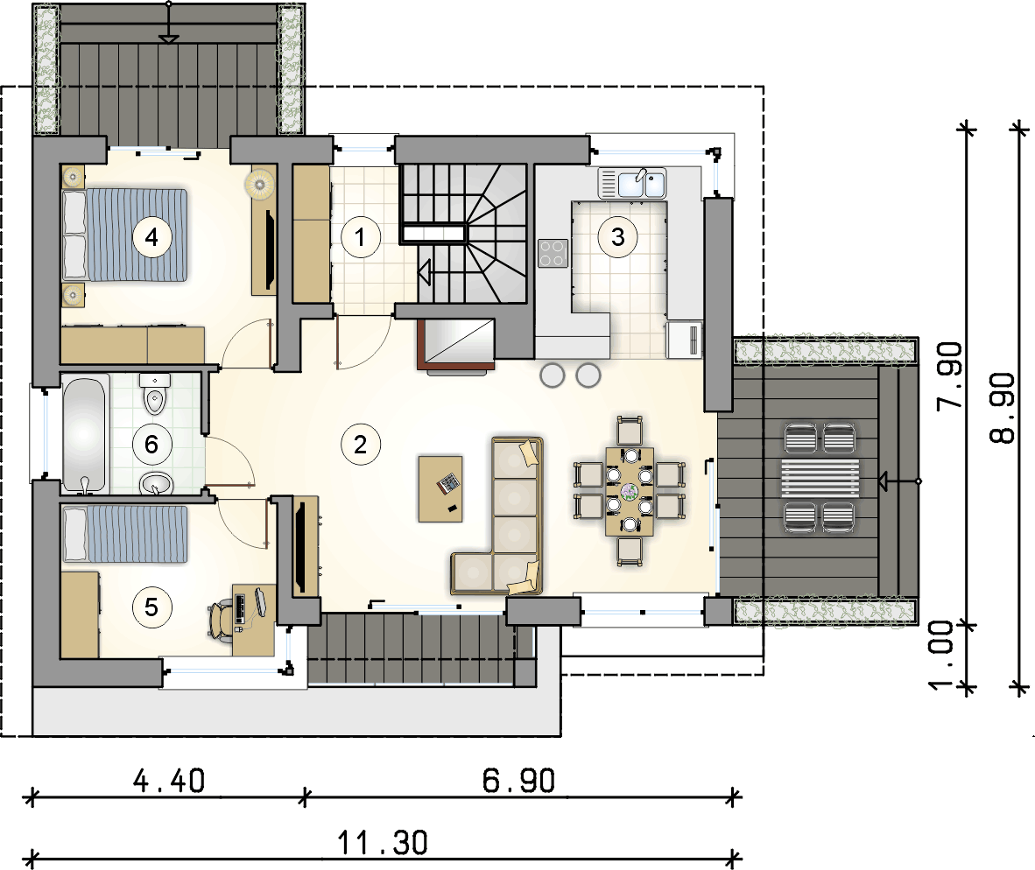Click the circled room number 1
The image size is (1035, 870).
(361, 237)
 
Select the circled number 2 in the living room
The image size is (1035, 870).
(361, 445)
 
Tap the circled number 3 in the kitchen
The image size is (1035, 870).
(618, 237)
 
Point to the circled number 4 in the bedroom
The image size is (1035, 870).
(151, 237)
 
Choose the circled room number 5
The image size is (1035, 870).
(151, 607)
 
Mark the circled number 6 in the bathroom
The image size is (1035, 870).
(151, 445)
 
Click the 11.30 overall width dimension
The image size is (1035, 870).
(383, 843)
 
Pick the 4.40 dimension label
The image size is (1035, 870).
(169, 781)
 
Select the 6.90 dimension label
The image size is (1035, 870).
(518, 781)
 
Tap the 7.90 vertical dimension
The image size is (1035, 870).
(950, 376)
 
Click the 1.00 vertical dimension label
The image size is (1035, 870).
(941, 656)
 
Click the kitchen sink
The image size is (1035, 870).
(632, 184)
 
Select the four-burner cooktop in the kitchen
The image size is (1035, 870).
(553, 253)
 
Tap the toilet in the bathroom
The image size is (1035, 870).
(154, 394)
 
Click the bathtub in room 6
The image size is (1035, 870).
(84, 434)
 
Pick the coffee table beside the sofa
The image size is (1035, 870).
(440, 488)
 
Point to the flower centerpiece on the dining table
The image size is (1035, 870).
(630, 491)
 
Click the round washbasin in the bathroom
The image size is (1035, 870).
(157, 484)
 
